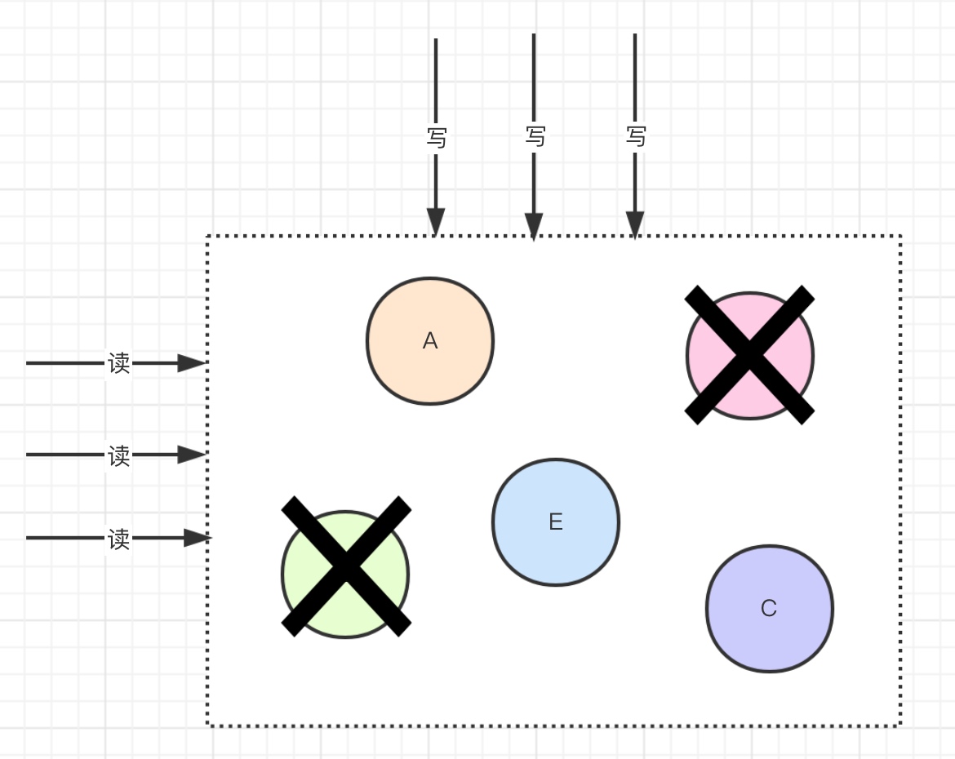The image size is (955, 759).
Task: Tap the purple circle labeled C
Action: coord(769,636)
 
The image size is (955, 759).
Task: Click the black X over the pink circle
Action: coord(749,355)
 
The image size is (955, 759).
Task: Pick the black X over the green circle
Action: coord(346,566)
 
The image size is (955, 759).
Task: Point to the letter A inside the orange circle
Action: coord(430,341)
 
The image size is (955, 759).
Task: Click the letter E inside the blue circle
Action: coord(556,522)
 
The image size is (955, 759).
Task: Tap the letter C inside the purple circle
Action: coord(769,609)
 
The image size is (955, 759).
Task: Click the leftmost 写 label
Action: coord(437,137)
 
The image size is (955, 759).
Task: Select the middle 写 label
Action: coord(535,135)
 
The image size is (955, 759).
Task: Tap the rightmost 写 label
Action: coord(636,135)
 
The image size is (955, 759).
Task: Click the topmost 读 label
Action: coord(119,363)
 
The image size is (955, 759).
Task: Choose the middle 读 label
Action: coord(119,455)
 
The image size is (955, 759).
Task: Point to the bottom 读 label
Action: coord(119,539)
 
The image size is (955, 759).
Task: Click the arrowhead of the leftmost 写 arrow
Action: coord(436,221)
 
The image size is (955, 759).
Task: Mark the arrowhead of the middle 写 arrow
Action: coord(534,226)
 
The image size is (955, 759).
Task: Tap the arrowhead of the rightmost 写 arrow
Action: coord(635,224)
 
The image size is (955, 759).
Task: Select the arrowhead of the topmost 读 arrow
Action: coord(192,363)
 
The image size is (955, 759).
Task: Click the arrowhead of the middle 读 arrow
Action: coord(192,455)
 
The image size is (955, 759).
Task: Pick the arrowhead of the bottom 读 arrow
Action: coord(197,538)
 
